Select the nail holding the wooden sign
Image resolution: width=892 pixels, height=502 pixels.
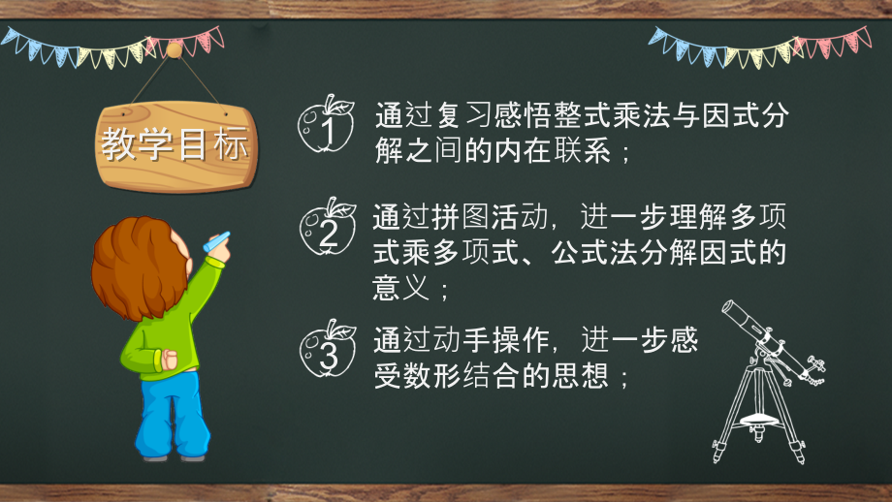click(x=174, y=48)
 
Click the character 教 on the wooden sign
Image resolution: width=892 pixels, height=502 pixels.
click(x=118, y=145)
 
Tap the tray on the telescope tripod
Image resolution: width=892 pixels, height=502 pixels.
click(x=759, y=420)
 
